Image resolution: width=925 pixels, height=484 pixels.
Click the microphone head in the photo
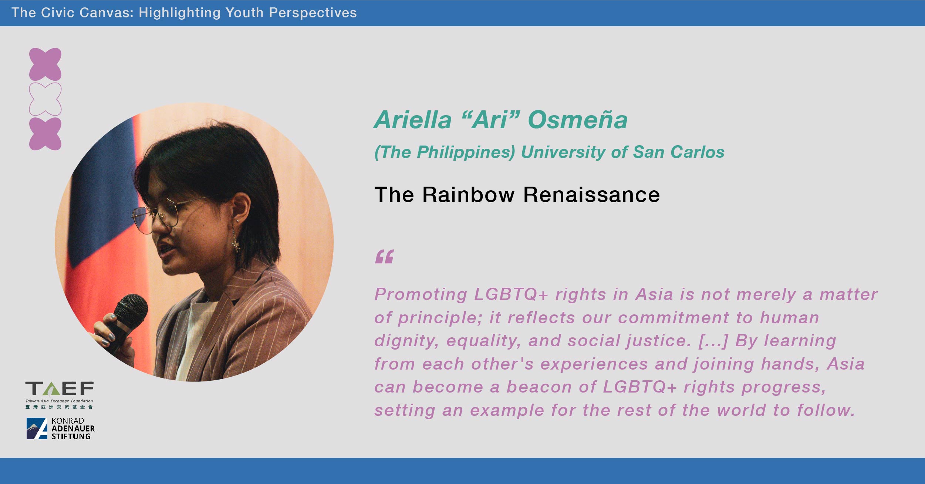click(131, 311)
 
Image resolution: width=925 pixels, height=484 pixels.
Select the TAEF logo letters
click(59, 388)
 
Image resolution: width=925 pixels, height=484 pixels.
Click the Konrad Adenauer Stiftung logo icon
click(37, 428)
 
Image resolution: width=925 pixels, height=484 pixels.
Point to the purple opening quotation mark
click(384, 256)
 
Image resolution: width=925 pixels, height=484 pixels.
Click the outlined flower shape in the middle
click(45, 99)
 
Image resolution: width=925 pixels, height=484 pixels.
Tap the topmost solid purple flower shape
click(45, 64)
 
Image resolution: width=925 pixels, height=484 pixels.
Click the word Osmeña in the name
click(578, 120)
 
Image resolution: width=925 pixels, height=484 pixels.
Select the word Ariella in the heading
click(413, 120)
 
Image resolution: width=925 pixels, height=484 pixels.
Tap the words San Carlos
click(679, 152)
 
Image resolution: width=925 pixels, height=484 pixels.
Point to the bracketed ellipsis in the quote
click(713, 341)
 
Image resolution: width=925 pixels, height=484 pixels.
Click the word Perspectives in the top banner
click(313, 13)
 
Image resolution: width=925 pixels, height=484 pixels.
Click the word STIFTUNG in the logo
click(71, 436)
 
